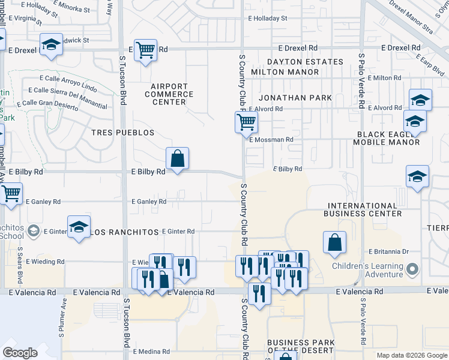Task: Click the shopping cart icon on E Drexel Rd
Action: [145, 50]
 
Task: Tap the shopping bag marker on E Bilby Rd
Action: [178, 159]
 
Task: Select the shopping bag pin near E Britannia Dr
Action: [335, 242]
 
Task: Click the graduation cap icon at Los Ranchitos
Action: [79, 227]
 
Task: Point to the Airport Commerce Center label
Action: [169, 94]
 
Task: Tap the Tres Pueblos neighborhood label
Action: [122, 133]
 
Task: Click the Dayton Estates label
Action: [305, 62]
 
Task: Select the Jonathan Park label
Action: [295, 98]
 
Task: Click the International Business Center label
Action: [362, 209]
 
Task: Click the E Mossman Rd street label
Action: [271, 140]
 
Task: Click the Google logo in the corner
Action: [20, 352]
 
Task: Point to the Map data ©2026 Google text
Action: [411, 355]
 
